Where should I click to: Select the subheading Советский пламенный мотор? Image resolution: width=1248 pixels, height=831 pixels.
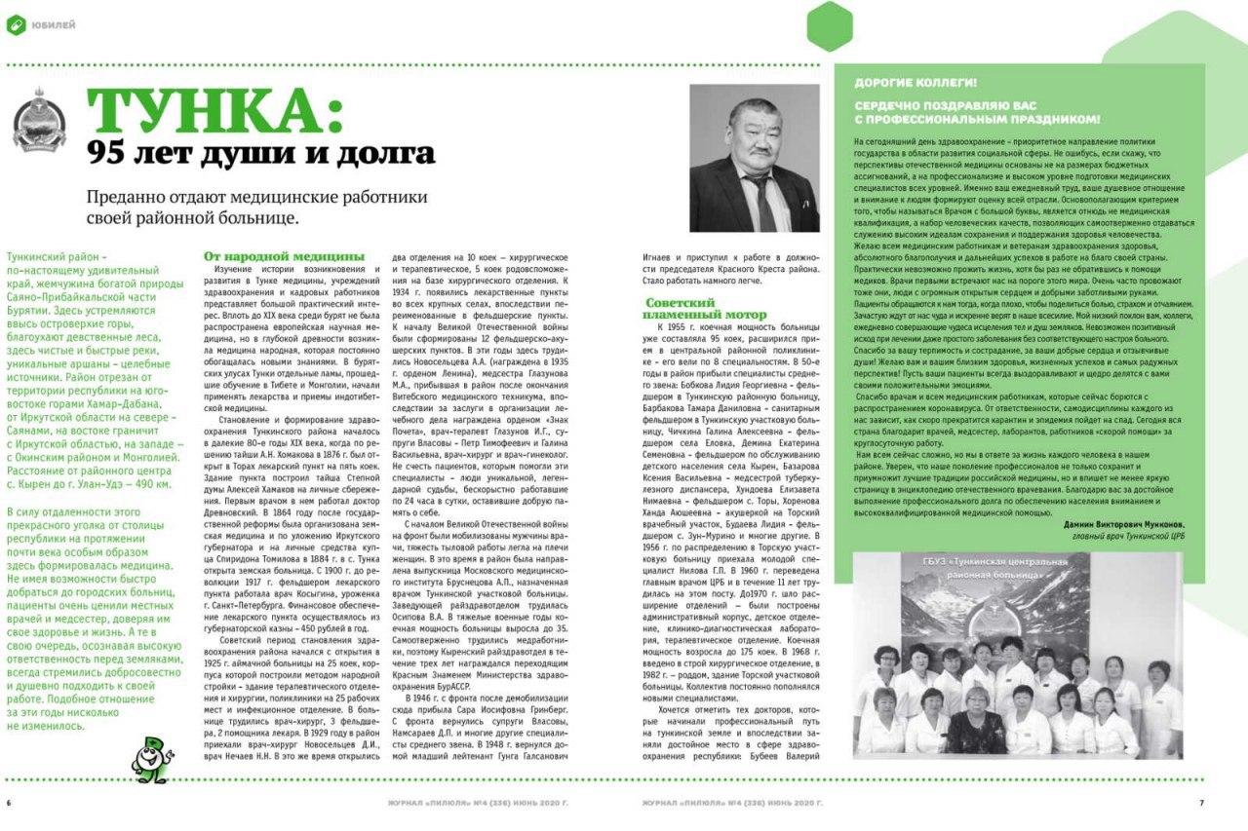point(692,309)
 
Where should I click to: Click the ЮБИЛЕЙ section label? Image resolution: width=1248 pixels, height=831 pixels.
point(54,24)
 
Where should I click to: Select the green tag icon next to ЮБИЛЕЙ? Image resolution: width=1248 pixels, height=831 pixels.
point(17,24)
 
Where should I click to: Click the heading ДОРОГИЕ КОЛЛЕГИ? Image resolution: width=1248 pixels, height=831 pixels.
point(916,83)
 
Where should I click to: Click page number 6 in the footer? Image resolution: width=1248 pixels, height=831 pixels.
point(9,804)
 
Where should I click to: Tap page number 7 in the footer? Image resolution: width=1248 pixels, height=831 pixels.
point(1201,804)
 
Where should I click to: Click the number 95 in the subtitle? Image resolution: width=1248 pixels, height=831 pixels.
point(106,153)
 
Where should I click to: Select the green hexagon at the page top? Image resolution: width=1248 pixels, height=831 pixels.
point(830,25)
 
